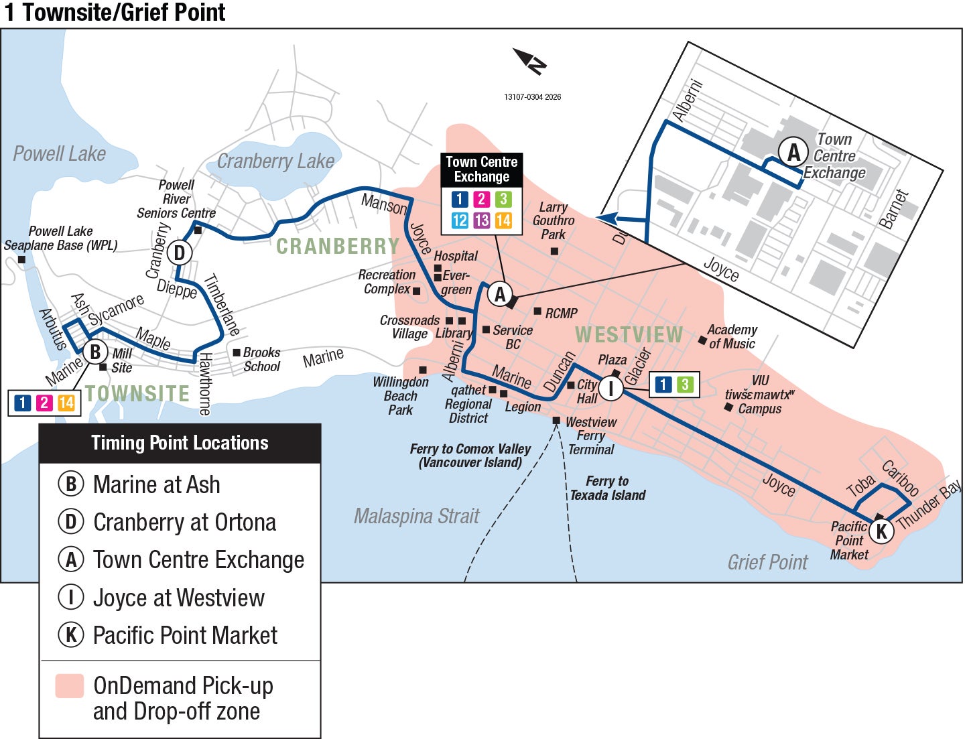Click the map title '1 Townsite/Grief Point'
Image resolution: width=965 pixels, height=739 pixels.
coord(115,13)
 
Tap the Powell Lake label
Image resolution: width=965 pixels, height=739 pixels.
coord(59,154)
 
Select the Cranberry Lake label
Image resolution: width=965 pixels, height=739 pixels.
coord(275,161)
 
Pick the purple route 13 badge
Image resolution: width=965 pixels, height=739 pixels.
coord(481,220)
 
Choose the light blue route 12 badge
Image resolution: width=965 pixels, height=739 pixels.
coord(460,220)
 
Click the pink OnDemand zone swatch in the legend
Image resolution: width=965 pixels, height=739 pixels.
coord(70,686)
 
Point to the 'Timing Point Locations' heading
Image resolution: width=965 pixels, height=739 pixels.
coord(180,443)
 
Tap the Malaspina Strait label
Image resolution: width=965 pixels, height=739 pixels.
coord(416,516)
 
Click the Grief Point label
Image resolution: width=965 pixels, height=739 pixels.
coord(767,562)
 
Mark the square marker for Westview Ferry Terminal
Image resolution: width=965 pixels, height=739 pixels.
coord(556,421)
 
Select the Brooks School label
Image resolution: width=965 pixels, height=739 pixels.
coord(261,359)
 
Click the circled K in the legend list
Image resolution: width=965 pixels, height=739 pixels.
coord(70,634)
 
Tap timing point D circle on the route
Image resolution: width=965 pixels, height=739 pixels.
coord(179,253)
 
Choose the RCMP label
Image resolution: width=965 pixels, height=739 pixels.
coord(561,313)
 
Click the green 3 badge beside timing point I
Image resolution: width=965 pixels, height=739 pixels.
coord(684,384)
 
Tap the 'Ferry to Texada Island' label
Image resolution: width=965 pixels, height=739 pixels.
coord(607,488)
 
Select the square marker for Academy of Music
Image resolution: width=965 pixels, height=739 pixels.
coord(702,340)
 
